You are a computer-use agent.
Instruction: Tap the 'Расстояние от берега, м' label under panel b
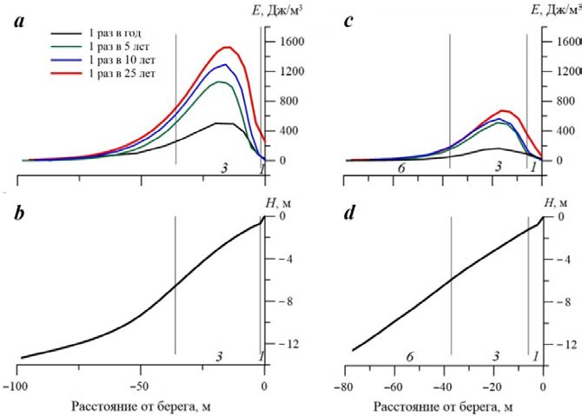[x=141, y=406]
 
